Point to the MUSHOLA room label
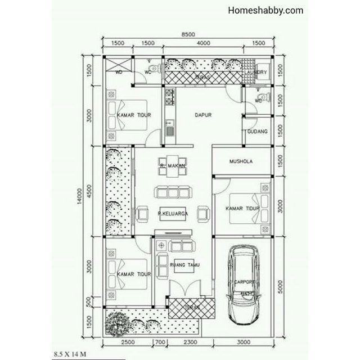[x=241, y=161]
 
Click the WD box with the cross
[x=119, y=66]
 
